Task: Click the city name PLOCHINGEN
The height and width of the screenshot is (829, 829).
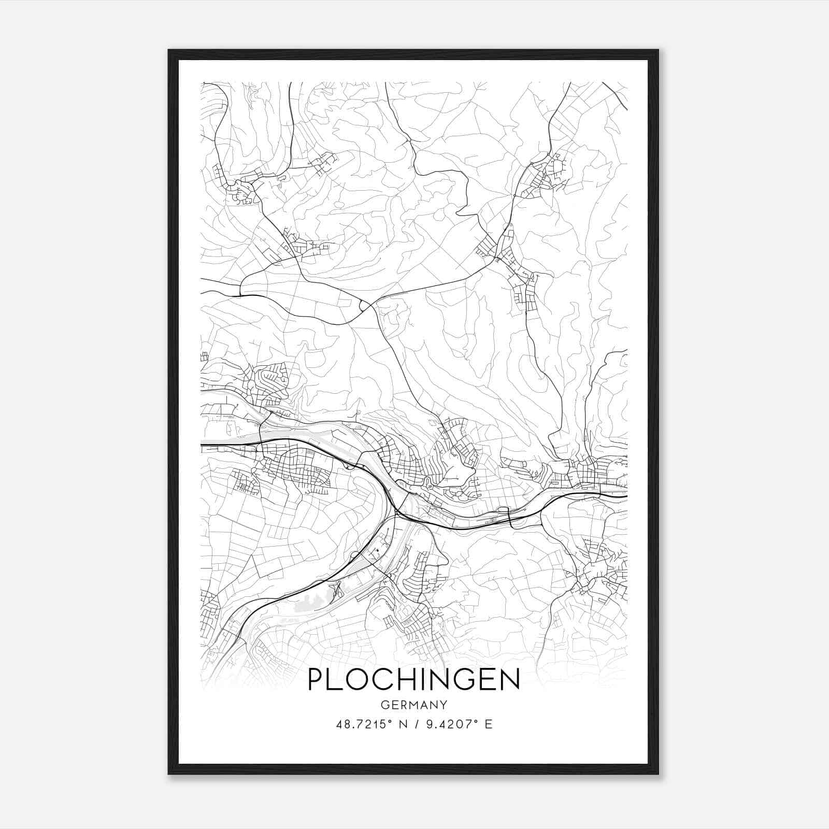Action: click(413, 680)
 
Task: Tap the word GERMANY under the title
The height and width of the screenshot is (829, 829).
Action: click(413, 705)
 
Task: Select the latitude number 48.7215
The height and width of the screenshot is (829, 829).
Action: click(359, 724)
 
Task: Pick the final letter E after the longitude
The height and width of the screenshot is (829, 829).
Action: click(488, 724)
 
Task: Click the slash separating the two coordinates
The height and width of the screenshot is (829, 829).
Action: click(416, 724)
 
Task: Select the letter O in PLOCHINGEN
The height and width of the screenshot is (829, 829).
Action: click(356, 680)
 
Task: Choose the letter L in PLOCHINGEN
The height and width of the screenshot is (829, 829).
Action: click(333, 680)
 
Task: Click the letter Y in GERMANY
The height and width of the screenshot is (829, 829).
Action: click(444, 705)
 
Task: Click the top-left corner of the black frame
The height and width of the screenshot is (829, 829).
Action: click(169, 50)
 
